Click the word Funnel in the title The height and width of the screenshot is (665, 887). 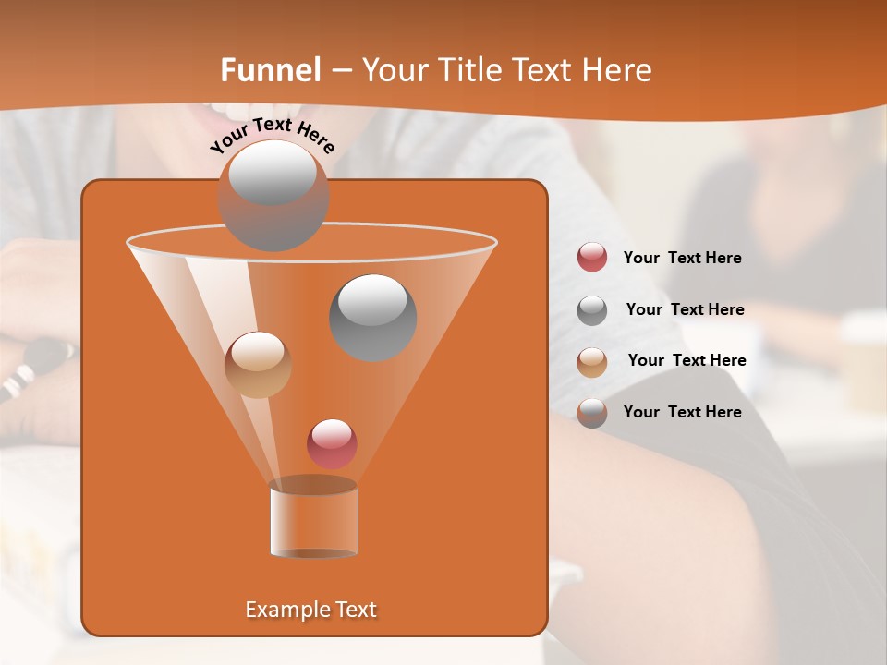(x=271, y=70)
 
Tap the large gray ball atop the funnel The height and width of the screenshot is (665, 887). (x=273, y=195)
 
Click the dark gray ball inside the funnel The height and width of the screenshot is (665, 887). (x=372, y=317)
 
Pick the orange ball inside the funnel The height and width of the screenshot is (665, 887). (x=258, y=365)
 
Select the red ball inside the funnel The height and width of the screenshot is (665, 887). (x=332, y=443)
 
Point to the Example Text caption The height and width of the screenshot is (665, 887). (x=310, y=610)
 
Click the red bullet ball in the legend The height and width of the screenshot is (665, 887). (x=592, y=258)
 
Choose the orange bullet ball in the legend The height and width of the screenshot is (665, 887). (x=592, y=361)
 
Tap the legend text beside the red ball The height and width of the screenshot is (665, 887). (x=682, y=259)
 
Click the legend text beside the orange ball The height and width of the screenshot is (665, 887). (x=687, y=360)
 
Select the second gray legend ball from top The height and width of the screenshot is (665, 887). (x=592, y=310)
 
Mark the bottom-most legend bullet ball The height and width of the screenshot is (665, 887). (x=592, y=413)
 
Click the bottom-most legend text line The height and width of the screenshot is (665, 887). (x=682, y=412)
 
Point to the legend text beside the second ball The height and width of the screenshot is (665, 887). (x=685, y=309)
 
